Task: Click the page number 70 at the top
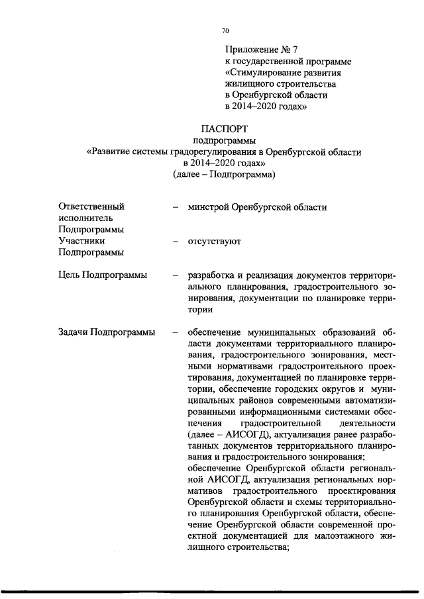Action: [x=225, y=30]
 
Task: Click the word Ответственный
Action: [x=91, y=207]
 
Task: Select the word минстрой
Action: [x=208, y=207]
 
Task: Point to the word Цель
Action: [x=70, y=275]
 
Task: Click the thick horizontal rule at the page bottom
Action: [x=212, y=591]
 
